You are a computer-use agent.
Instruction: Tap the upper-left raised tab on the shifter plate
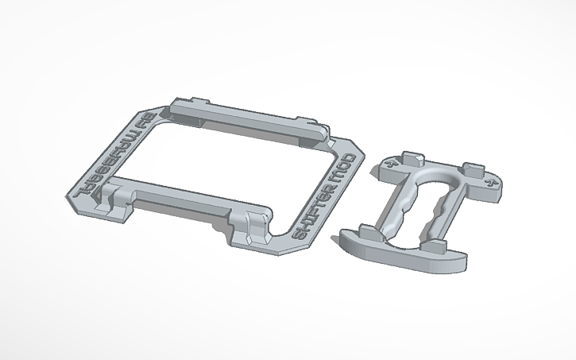click(x=412, y=154)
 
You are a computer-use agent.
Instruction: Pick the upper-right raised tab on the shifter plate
click(x=474, y=168)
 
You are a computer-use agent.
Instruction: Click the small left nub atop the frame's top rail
click(x=197, y=103)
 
